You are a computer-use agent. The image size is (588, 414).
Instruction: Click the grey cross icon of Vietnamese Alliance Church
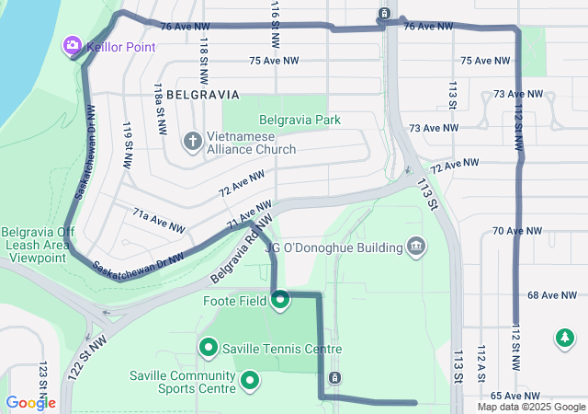point(192,141)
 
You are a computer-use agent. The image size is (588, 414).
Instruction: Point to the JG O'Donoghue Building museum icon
point(415,247)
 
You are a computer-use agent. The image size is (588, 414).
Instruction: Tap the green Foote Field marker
point(279,299)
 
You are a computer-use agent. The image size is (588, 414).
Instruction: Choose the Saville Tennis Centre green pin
point(209,348)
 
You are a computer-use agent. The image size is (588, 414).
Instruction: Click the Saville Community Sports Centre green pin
point(249,380)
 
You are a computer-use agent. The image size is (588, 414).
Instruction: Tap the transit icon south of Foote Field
point(334,378)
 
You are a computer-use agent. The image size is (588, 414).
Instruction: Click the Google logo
point(30,402)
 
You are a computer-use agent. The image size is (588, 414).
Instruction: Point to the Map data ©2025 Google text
point(531,407)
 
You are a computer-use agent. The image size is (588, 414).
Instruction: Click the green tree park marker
point(563,339)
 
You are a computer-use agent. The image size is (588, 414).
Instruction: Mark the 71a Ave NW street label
point(154,222)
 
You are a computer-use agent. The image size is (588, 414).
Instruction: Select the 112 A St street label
point(481,363)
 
